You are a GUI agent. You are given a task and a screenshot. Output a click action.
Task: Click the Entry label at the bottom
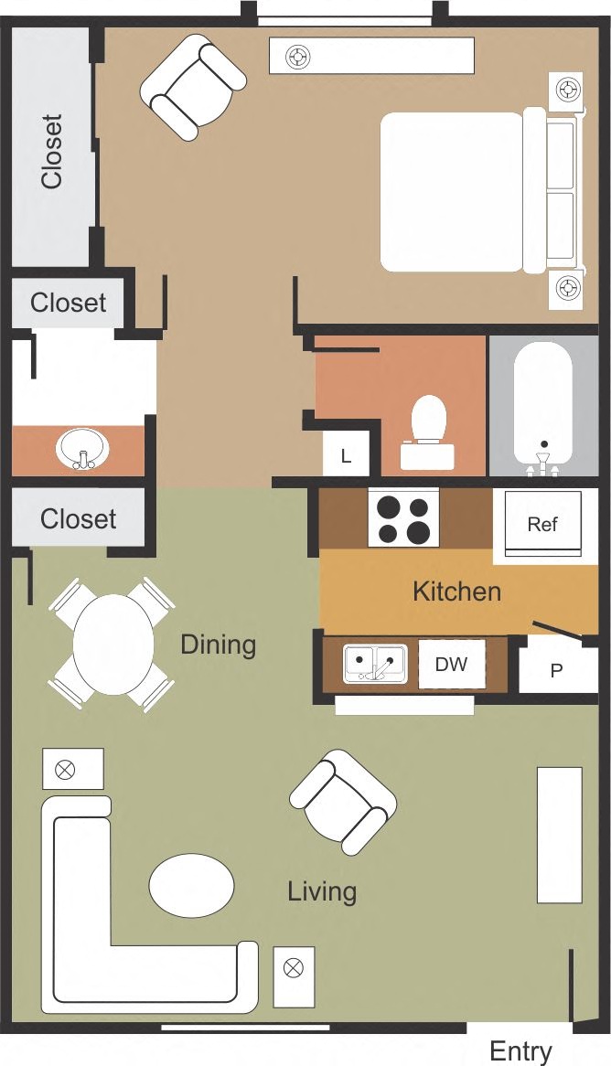tap(520, 1050)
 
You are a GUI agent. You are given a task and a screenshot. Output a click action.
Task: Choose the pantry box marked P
tap(555, 669)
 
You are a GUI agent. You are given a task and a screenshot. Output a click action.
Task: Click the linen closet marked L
tap(346, 455)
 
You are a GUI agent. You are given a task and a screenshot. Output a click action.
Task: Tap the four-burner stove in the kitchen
tap(403, 518)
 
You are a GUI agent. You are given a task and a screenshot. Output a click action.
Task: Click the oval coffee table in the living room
tap(192, 885)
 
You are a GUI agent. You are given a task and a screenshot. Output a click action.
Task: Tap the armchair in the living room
tap(343, 802)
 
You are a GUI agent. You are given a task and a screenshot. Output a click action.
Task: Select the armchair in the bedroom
tap(193, 87)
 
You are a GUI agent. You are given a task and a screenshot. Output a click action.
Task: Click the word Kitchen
tap(456, 592)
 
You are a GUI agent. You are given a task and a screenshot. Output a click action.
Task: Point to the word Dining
tap(218, 645)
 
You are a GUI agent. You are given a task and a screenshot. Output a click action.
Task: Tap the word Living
tap(322, 891)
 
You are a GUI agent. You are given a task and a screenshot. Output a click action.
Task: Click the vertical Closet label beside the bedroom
tap(51, 151)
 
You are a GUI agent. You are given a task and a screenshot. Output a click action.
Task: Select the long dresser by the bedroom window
tap(371, 56)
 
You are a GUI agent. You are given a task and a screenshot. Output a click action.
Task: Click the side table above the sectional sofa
tap(73, 769)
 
